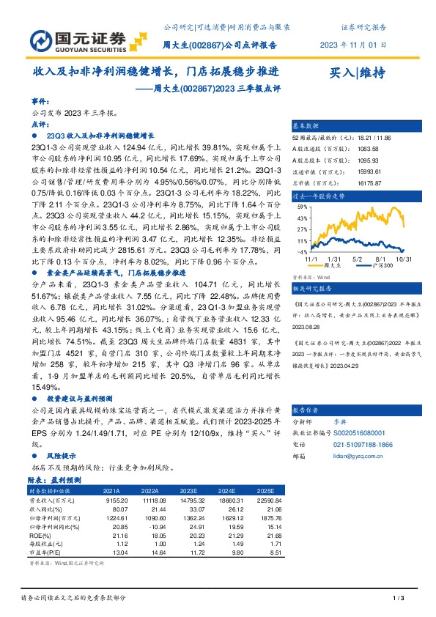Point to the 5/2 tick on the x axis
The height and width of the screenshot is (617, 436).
358,259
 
